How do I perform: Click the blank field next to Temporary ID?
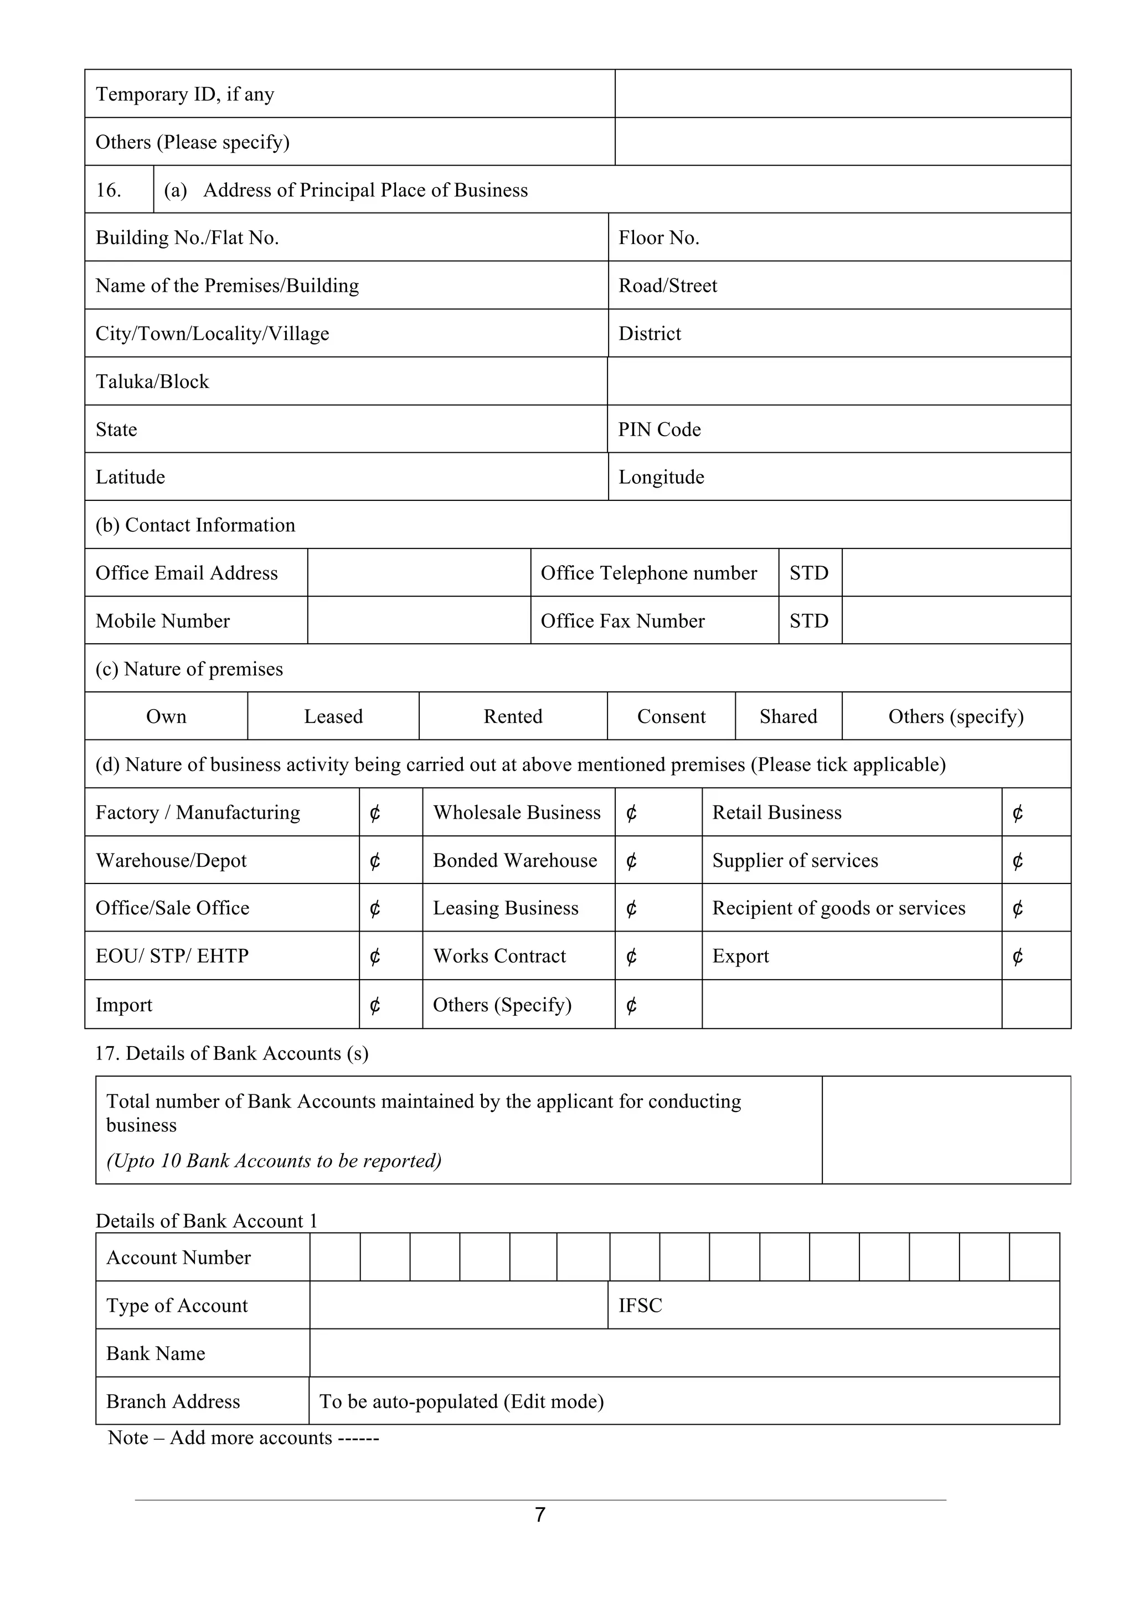tap(842, 94)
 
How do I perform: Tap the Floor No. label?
tap(658, 238)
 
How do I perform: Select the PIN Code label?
tap(659, 430)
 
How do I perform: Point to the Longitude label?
tap(661, 478)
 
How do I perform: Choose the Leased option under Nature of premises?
tap(333, 716)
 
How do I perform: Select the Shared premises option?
tap(788, 716)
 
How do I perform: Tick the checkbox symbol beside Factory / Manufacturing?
tap(375, 813)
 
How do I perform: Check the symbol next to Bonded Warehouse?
tap(631, 861)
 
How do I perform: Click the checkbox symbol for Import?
tap(375, 1005)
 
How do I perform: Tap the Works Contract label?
tap(499, 956)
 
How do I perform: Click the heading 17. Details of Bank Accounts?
tap(232, 1053)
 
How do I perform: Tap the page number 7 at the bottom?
tap(540, 1514)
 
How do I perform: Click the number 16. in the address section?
tap(109, 190)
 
